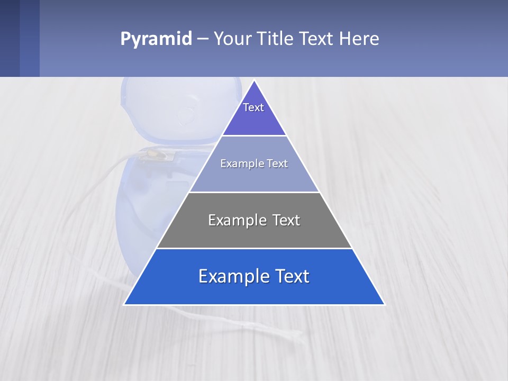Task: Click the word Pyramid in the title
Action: [x=156, y=39]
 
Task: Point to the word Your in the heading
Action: [x=232, y=39]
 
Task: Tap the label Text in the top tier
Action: [x=253, y=107]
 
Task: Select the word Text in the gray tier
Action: [x=283, y=220]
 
